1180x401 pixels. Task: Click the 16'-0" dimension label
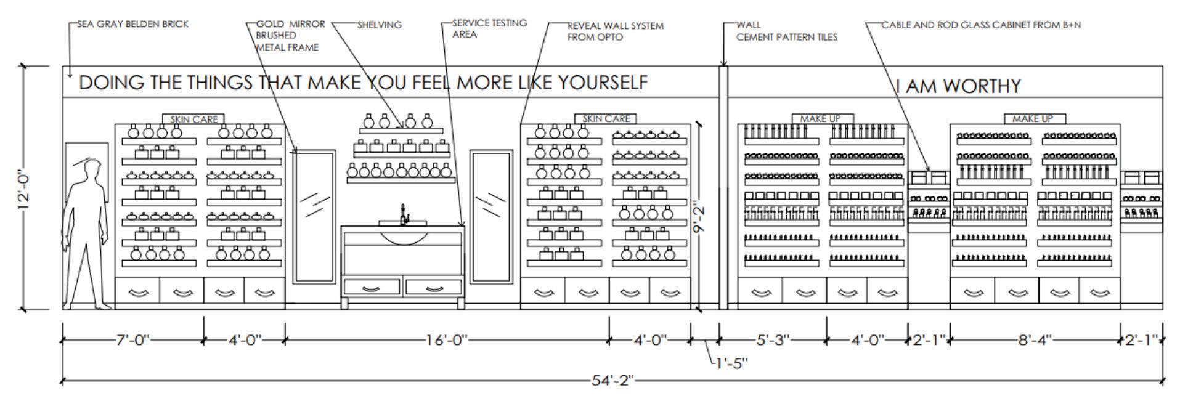446,340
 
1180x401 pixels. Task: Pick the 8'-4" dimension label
1035,340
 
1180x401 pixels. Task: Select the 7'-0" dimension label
132,340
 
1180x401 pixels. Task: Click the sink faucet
404,214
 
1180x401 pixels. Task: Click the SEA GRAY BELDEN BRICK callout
132,24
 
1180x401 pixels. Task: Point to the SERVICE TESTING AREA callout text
489,28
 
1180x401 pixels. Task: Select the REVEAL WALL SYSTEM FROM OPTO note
615,31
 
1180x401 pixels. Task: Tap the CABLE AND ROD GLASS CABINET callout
980,25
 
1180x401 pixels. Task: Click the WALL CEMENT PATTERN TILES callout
786,31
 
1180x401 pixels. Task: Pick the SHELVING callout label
379,25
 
